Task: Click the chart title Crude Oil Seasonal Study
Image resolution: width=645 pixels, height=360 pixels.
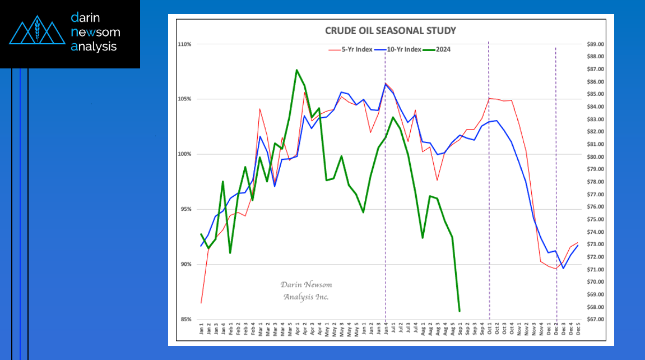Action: click(x=391, y=30)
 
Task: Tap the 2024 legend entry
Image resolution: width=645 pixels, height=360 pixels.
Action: click(x=441, y=49)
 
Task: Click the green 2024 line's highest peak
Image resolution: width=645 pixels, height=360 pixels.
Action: click(x=296, y=70)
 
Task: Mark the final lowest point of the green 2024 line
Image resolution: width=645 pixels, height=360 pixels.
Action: click(x=460, y=311)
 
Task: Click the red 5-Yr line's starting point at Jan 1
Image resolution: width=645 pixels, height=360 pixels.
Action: click(x=201, y=303)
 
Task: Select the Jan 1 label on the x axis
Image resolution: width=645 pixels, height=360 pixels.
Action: click(x=202, y=330)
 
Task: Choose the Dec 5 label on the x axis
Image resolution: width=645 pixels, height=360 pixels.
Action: click(x=578, y=330)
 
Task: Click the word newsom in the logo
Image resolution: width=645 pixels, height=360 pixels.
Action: click(x=95, y=32)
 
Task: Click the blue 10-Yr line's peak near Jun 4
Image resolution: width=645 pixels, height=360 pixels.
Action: click(x=386, y=84)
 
